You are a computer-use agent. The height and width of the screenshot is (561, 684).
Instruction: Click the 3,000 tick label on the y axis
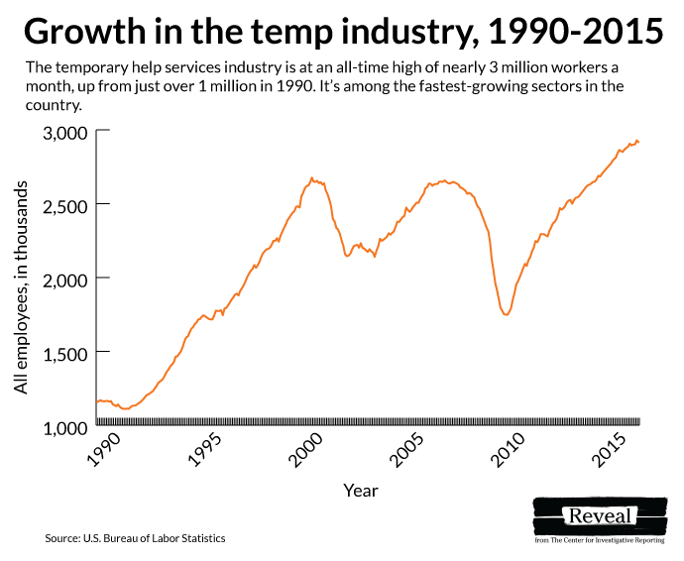pos(64,132)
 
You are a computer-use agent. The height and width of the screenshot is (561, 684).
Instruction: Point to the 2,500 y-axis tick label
pos(64,205)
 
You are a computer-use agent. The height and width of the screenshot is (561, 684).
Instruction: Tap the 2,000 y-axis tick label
pos(64,280)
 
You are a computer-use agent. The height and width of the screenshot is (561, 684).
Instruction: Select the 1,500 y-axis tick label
pos(64,353)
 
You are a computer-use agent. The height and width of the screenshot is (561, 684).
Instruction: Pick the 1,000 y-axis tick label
pos(64,427)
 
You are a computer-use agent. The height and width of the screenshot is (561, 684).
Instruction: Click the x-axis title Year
pos(360,490)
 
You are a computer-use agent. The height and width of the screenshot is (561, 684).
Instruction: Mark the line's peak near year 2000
pos(311,178)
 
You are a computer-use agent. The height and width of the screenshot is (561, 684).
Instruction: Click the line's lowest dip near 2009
pos(507,315)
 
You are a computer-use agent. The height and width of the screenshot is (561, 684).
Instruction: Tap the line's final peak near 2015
pos(636,141)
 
